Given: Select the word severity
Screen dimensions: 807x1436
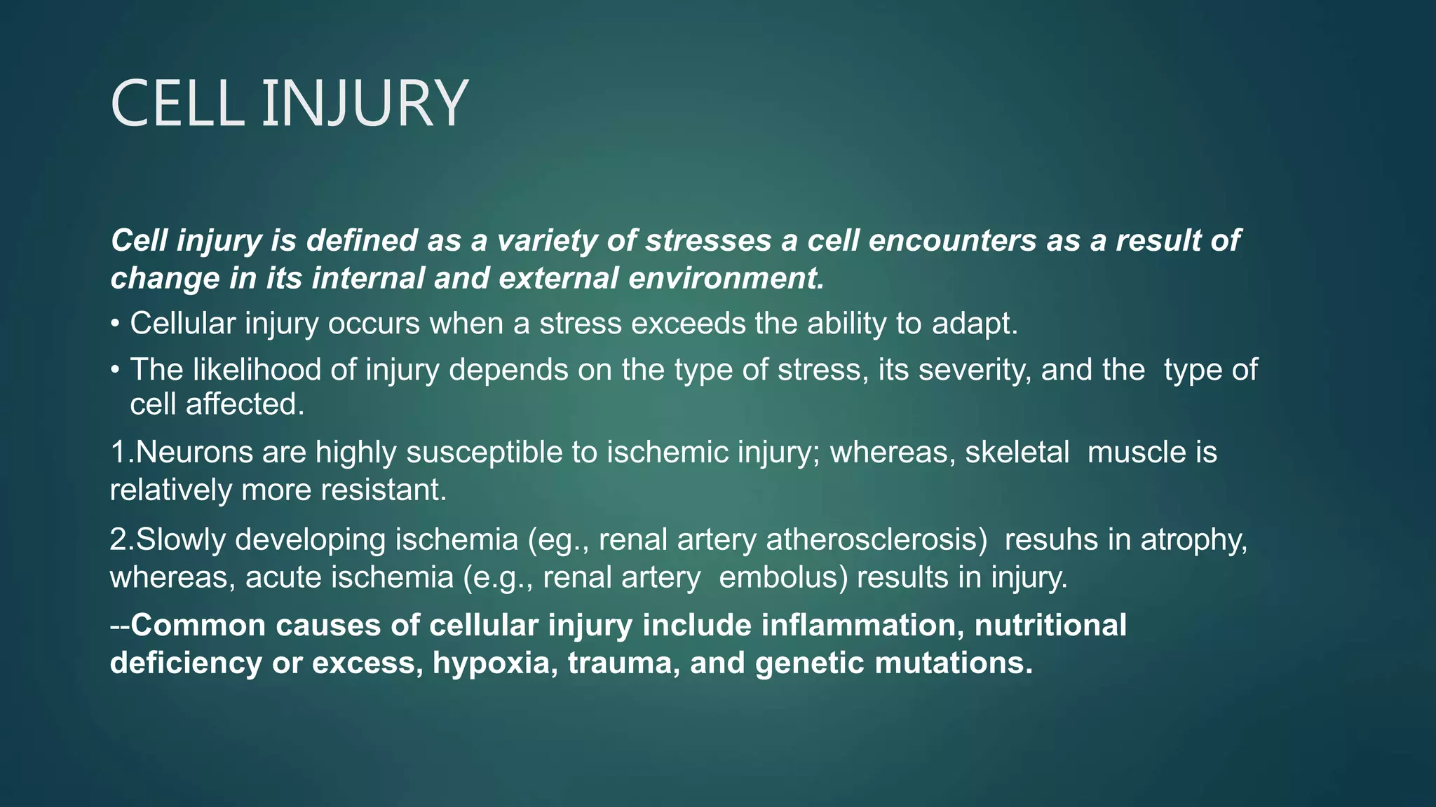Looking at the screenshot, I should tap(975, 371).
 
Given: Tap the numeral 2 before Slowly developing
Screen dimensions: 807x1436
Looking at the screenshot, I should tap(117, 539).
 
